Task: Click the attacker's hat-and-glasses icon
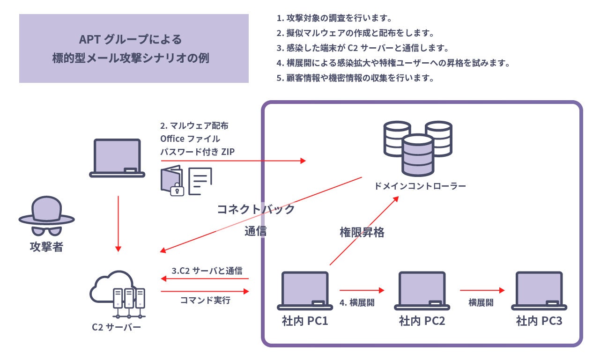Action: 46,216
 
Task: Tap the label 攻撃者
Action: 46,247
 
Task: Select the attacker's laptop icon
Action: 117,158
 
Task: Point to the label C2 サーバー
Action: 117,327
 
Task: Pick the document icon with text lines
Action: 200,181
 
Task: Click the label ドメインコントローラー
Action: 420,186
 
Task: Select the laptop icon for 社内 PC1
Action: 305,291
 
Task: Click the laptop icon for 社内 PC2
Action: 422,291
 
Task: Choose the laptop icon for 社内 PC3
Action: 539,291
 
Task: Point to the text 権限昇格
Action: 362,232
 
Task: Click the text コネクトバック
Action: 256,209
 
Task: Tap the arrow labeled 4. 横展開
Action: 361,290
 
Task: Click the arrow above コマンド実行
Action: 205,291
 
